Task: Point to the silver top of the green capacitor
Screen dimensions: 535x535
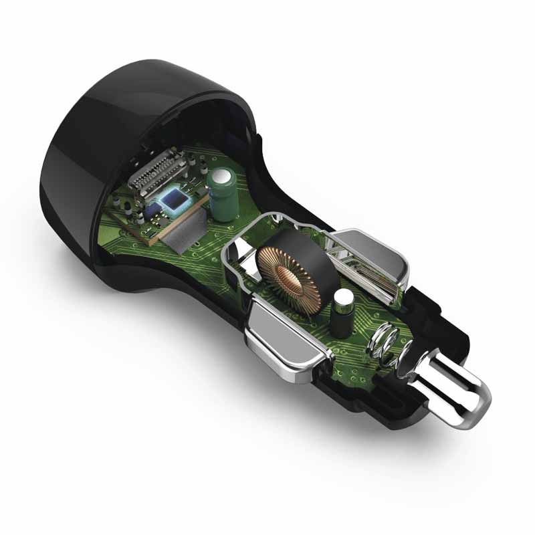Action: (x=221, y=175)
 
